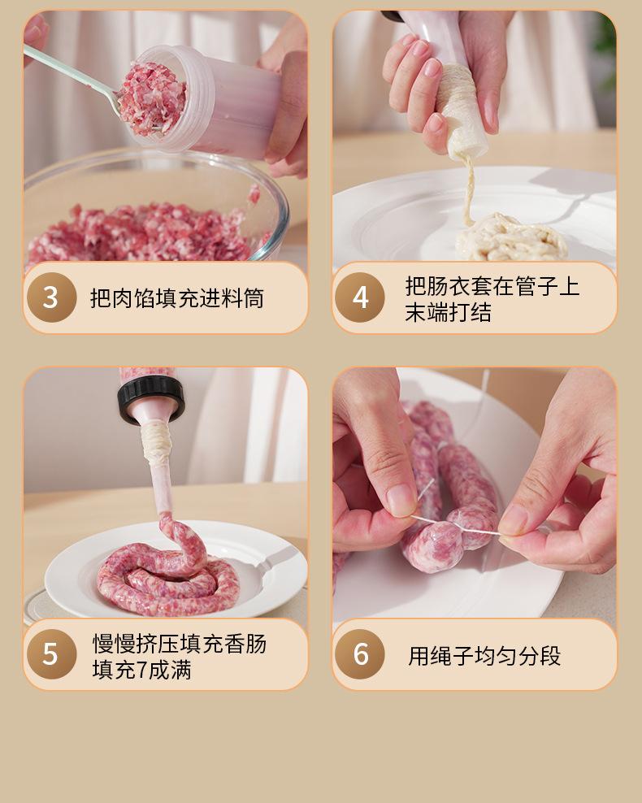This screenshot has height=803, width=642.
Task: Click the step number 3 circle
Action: tap(51, 297)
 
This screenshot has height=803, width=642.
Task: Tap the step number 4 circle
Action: tap(360, 297)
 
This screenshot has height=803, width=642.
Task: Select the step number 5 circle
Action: tap(51, 654)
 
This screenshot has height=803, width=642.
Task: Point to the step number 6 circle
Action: tap(360, 654)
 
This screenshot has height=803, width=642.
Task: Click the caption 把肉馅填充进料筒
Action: tap(176, 298)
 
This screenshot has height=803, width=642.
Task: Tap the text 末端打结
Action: tap(448, 312)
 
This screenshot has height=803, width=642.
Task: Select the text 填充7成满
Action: tap(142, 670)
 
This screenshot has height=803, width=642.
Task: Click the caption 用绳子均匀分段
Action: tap(484, 656)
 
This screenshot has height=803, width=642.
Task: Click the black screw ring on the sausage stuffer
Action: tap(151, 398)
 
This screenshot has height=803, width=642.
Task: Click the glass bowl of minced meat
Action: tap(155, 207)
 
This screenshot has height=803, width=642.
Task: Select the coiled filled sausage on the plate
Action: tap(169, 574)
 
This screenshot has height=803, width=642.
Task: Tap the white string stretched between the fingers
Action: tap(456, 527)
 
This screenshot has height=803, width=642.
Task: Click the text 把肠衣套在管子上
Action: tap(492, 286)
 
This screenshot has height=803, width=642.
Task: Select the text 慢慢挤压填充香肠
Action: tap(179, 643)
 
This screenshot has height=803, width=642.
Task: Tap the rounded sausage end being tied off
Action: tap(432, 547)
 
